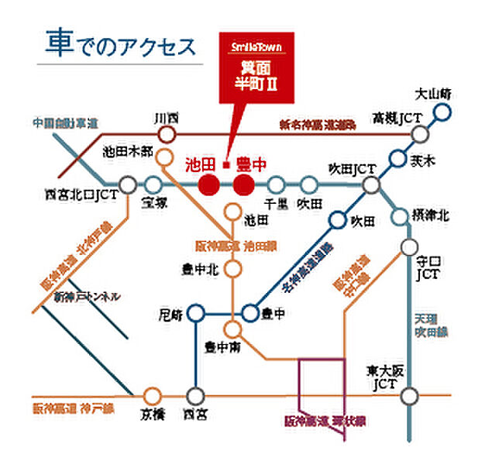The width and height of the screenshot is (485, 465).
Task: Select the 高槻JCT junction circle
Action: coord(420,135)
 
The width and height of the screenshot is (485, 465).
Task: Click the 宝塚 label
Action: coord(153,204)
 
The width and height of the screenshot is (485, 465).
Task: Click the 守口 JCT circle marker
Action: coord(410,247)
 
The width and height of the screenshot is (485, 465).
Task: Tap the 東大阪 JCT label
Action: coord(383,377)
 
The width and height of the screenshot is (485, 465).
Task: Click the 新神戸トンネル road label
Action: coord(87,297)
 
